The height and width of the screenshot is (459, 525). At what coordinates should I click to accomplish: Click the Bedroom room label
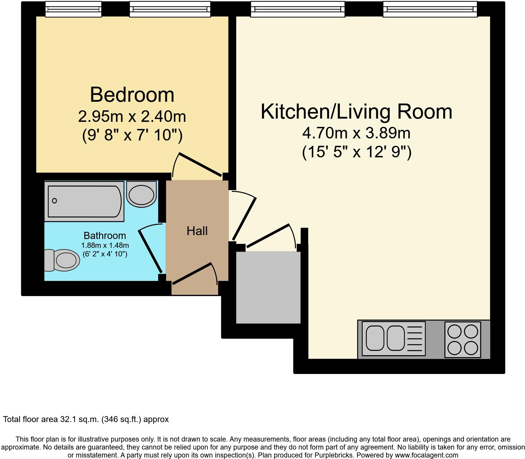(x=132, y=95)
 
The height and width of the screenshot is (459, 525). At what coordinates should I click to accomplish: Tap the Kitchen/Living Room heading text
(x=356, y=112)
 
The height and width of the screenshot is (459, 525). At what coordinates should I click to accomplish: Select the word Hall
(x=197, y=231)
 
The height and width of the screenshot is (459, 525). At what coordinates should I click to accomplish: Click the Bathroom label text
(x=105, y=235)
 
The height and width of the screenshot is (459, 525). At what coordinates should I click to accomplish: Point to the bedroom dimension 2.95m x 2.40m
(x=132, y=116)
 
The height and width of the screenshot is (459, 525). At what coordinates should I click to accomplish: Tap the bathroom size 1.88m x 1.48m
(x=105, y=245)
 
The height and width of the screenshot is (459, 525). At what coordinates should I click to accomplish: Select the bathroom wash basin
(x=141, y=194)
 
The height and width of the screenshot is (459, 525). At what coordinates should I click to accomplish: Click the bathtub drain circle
(x=54, y=201)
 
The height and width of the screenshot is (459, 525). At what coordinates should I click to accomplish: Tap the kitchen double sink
(x=385, y=338)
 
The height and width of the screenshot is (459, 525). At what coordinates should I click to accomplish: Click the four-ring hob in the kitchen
(x=463, y=340)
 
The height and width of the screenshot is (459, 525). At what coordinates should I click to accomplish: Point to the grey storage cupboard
(x=268, y=287)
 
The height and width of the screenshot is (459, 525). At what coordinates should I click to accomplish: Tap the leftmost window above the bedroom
(x=73, y=9)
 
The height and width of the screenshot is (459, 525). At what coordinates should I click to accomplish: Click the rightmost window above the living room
(x=430, y=9)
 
